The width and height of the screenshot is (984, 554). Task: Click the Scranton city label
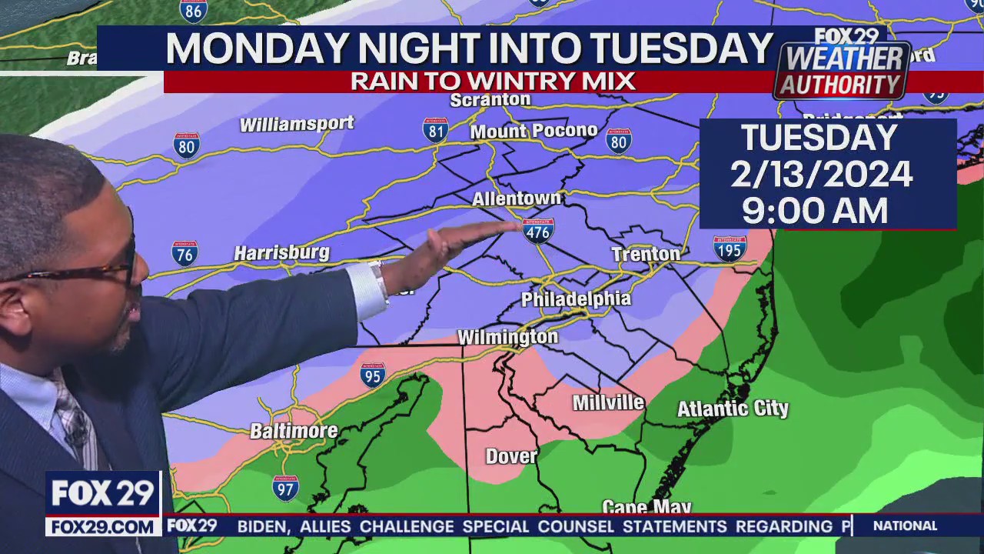(x=490, y=100)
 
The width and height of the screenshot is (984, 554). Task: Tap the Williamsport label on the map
(x=297, y=124)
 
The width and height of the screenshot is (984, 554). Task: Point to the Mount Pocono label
(x=534, y=132)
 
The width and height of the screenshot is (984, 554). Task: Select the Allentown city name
(x=516, y=199)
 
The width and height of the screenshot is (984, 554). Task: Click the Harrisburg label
(x=281, y=252)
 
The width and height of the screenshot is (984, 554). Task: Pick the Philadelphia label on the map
(x=576, y=299)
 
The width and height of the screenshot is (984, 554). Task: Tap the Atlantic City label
(x=732, y=409)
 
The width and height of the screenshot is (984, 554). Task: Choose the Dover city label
(x=511, y=456)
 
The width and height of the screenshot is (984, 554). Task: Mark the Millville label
(x=608, y=402)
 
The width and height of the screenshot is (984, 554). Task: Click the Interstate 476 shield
(x=538, y=231)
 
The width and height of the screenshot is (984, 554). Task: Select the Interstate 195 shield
(x=729, y=248)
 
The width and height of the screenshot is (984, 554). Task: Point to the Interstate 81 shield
(x=436, y=130)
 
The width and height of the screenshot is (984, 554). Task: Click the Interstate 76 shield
(x=184, y=253)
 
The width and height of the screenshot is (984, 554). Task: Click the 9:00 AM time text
(x=815, y=210)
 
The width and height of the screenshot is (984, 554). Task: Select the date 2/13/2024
(x=821, y=175)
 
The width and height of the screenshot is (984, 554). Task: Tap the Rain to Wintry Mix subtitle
(x=493, y=81)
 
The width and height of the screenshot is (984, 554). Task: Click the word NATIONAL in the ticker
(x=905, y=526)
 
